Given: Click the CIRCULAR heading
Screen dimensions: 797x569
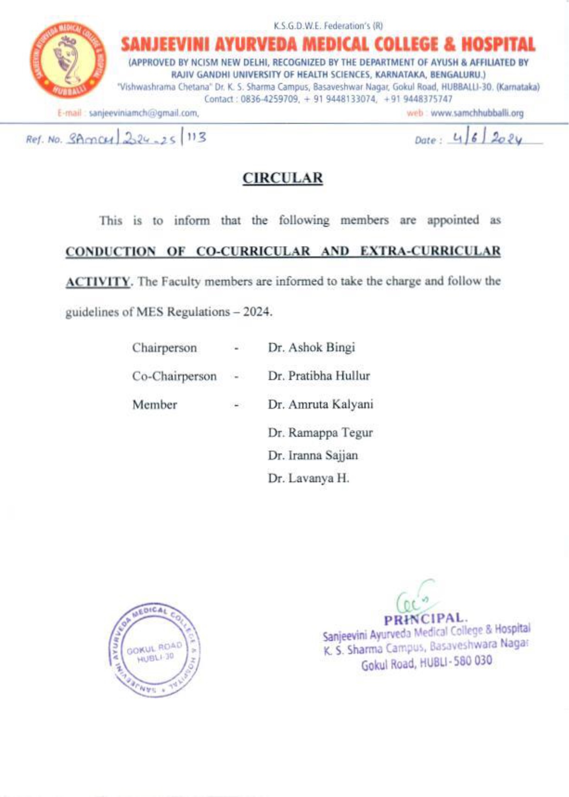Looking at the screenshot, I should point(283,178).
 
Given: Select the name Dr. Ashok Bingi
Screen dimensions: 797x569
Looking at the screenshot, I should point(311,347).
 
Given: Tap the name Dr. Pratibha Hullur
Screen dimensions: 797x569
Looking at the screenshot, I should point(319,376).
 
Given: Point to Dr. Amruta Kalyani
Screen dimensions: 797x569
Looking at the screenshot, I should point(320,404).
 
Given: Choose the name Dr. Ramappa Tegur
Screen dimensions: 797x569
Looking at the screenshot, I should point(320,433).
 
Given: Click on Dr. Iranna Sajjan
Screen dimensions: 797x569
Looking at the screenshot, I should point(313,455).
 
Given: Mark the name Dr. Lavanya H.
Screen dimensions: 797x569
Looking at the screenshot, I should point(308,479).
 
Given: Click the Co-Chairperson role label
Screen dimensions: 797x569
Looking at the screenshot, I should point(174,376).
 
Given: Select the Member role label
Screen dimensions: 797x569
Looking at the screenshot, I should point(155,405).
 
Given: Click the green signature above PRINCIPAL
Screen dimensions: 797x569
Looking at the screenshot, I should point(416,596).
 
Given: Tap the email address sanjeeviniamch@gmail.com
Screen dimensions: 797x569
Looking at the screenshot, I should point(144,113).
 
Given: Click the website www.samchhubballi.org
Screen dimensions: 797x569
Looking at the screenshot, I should point(477,113).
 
